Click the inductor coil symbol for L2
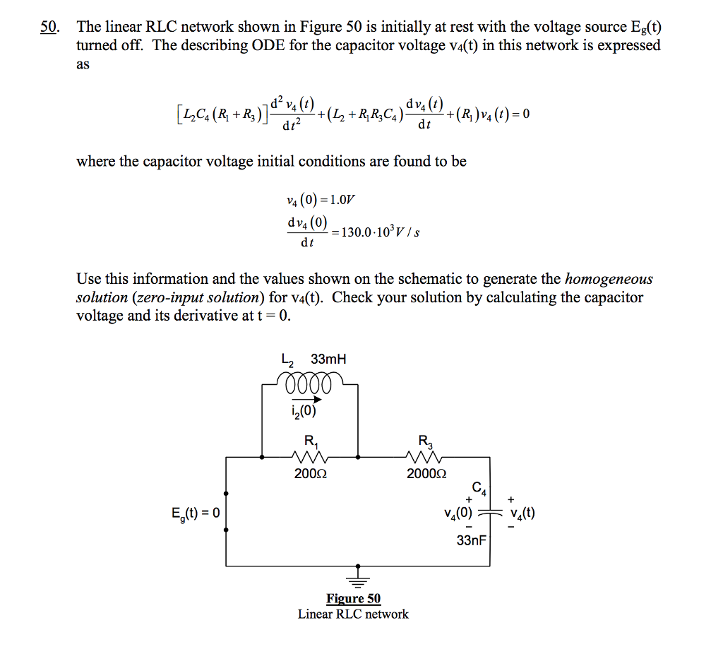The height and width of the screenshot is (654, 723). pos(310,382)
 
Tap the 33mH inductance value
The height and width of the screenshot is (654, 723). pos(328,359)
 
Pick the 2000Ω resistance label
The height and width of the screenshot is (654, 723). pos(426,475)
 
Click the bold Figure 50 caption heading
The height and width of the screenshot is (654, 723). pos(353,599)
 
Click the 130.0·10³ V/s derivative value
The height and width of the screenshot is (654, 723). pos(381,232)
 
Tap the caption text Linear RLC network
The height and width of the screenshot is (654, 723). pos(353,614)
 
